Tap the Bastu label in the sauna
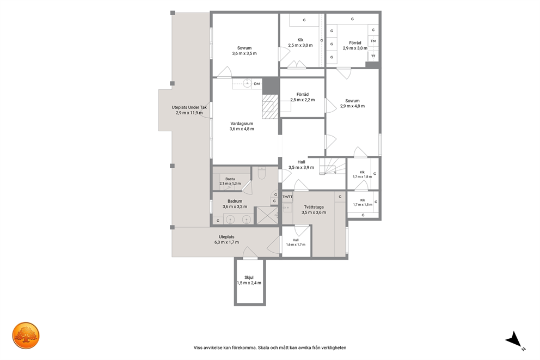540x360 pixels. pyautogui.click(x=230, y=179)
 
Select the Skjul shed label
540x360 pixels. pyautogui.click(x=249, y=277)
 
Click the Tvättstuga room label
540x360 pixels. pyautogui.click(x=314, y=207)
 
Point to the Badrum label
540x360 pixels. pyautogui.click(x=235, y=201)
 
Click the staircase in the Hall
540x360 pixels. pyautogui.click(x=333, y=167)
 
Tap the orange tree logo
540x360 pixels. pyautogui.click(x=26, y=335)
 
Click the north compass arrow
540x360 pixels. pyautogui.click(x=515, y=339)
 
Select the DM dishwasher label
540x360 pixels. pyautogui.click(x=257, y=84)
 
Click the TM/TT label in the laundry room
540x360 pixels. pyautogui.click(x=287, y=197)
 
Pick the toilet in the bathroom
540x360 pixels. pyautogui.click(x=261, y=173)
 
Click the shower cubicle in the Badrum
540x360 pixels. pyautogui.click(x=267, y=216)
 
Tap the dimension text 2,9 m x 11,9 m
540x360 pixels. pyautogui.click(x=189, y=113)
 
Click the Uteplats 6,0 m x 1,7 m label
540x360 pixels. pyautogui.click(x=226, y=240)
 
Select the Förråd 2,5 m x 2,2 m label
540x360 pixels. pyautogui.click(x=302, y=97)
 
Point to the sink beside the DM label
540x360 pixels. pyautogui.click(x=247, y=83)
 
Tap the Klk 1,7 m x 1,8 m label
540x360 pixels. pyautogui.click(x=363, y=174)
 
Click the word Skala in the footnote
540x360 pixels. pyautogui.click(x=264, y=347)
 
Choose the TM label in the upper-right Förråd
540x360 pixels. pyautogui.click(x=373, y=41)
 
